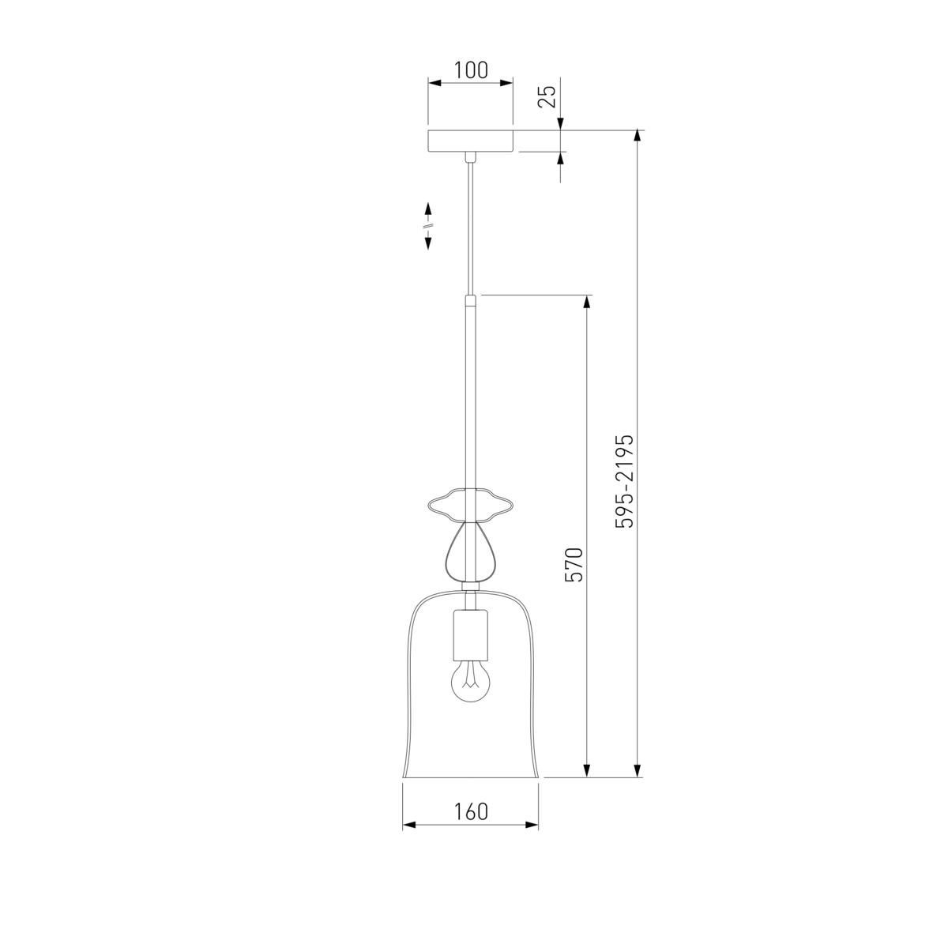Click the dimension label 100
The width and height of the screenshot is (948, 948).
click(x=470, y=70)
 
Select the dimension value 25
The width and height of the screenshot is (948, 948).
click(x=547, y=97)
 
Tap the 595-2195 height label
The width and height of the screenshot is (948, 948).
click(x=625, y=481)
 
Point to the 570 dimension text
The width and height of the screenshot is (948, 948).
click(x=574, y=564)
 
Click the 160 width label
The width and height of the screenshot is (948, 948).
click(x=470, y=812)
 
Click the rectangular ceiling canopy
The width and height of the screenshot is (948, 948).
click(x=470, y=141)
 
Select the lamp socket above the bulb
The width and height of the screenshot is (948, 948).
click(x=470, y=636)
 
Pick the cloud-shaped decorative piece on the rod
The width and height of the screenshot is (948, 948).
click(x=470, y=504)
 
